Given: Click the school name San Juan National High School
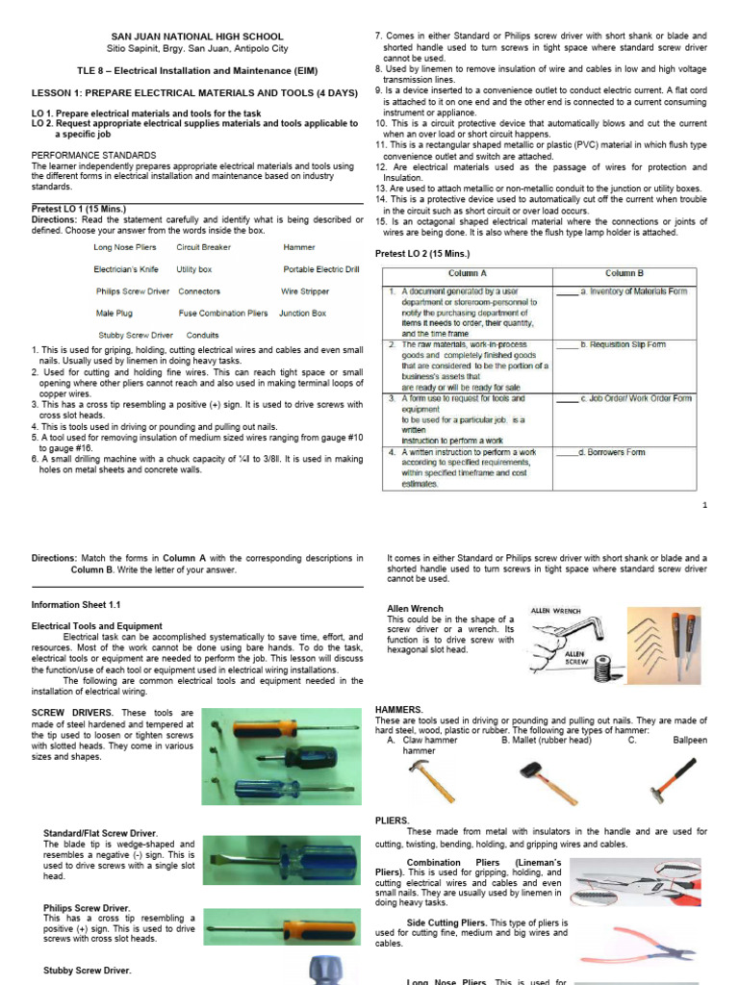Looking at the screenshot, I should [199, 36].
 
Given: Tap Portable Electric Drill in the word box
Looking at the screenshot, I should [321, 270].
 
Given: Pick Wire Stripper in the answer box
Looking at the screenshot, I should [304, 291].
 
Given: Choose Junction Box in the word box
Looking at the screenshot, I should [302, 314].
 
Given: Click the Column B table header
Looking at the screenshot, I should [624, 274].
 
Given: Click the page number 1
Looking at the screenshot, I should [704, 506].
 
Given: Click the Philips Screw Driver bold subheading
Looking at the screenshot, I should [87, 907].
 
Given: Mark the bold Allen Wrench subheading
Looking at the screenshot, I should [415, 609].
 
